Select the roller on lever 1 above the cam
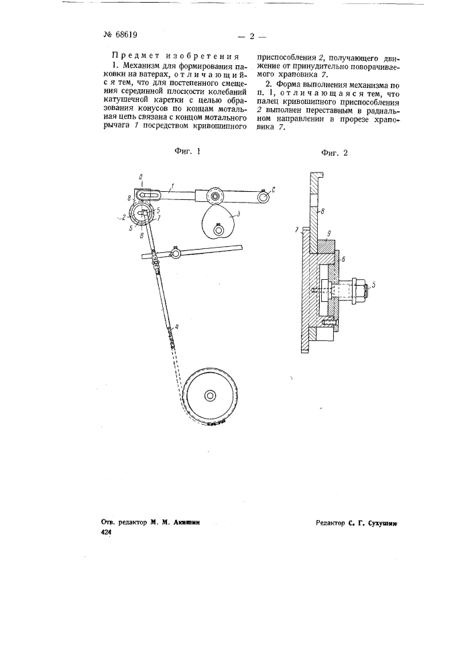pos(215,195)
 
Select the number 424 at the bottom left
pos(105,531)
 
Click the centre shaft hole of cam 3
pos(219,230)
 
